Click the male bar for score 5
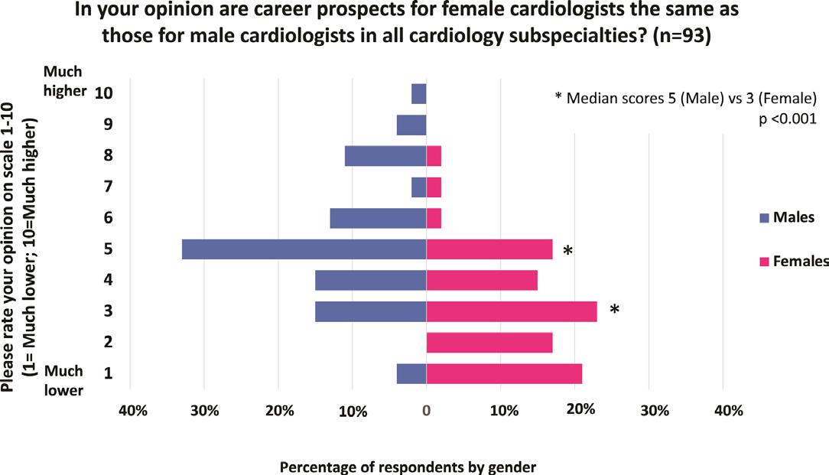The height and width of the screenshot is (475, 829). click(304, 249)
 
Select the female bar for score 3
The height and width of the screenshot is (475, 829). click(511, 311)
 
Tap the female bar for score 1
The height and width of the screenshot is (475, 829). click(503, 373)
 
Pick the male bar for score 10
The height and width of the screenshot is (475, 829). click(418, 93)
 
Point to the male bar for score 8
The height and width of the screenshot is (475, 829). click(385, 156)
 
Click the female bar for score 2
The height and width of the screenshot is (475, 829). click(489, 343)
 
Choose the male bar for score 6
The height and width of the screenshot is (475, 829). click(378, 218)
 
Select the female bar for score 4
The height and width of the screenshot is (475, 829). click(481, 281)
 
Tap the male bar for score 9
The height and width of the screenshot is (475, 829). click(411, 125)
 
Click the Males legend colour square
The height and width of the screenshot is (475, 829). click(762, 218)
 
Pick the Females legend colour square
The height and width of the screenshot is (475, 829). click(762, 262)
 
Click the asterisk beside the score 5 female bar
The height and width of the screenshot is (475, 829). click(567, 251)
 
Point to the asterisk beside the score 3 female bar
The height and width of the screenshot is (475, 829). click(614, 310)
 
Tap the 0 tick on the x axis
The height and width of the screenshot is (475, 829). click(426, 411)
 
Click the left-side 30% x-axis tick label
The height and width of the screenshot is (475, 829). click(205, 411)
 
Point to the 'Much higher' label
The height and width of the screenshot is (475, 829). click(63, 79)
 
